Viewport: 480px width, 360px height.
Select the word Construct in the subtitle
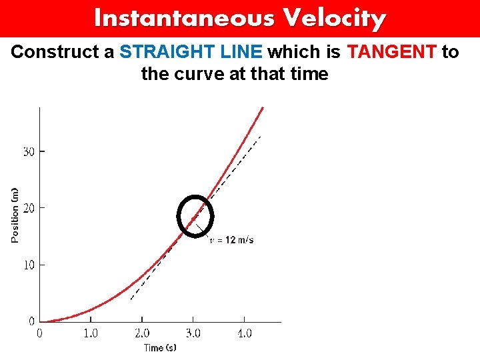(x=57, y=52)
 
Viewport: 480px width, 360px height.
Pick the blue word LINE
(x=242, y=52)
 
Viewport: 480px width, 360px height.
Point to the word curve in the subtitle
(x=200, y=73)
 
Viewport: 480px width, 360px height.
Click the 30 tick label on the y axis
(x=29, y=151)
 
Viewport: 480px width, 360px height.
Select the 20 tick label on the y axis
(x=29, y=208)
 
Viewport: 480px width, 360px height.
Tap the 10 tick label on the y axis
(x=29, y=265)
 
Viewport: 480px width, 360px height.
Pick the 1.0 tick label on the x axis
(x=91, y=333)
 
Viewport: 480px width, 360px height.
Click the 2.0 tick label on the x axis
(x=142, y=333)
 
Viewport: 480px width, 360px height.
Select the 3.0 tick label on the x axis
(x=193, y=333)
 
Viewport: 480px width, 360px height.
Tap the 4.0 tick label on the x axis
(x=245, y=333)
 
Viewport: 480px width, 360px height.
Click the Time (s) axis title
(x=160, y=347)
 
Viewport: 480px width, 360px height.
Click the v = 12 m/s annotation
(x=232, y=240)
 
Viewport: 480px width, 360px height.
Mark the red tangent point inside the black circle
(x=193, y=219)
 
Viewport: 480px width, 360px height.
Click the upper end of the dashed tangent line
(x=260, y=137)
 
